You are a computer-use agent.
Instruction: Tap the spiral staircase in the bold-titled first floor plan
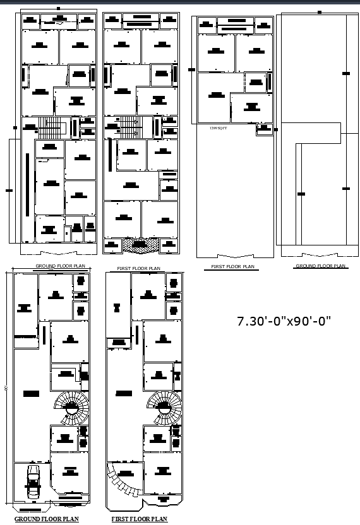(164, 407)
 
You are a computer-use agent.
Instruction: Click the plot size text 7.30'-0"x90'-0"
(284, 321)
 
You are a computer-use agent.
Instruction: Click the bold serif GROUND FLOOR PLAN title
(47, 519)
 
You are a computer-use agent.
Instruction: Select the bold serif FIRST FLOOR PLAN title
(140, 519)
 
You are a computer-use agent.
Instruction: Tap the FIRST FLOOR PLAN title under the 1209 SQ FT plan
(233, 267)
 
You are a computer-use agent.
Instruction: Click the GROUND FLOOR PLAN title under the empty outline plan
(321, 266)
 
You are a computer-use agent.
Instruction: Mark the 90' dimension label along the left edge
(6, 389)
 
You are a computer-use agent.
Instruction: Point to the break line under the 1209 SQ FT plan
(235, 256)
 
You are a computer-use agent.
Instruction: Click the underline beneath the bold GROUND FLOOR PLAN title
(47, 523)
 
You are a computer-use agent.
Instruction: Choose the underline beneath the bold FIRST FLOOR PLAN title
(140, 523)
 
